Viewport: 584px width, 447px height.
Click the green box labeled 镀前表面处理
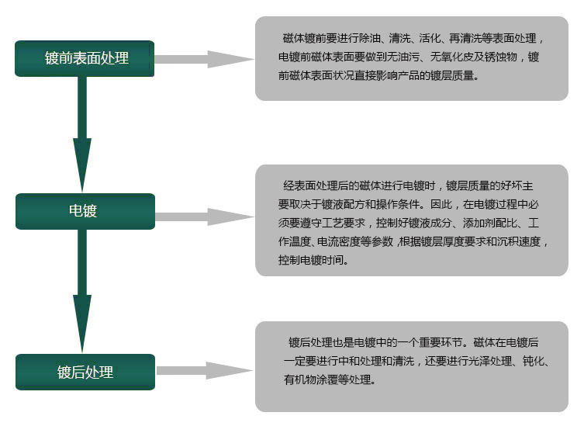(85, 58)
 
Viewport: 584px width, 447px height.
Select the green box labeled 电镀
(85, 211)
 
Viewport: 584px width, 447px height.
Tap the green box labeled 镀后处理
(85, 372)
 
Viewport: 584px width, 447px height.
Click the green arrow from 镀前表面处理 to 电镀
(82, 134)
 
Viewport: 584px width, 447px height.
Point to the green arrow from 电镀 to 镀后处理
(82, 291)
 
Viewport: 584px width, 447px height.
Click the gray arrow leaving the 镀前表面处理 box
(204, 59)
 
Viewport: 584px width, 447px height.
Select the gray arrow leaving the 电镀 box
(205, 217)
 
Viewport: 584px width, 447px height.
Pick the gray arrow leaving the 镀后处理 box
(205, 371)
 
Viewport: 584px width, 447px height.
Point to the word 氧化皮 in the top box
(458, 57)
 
